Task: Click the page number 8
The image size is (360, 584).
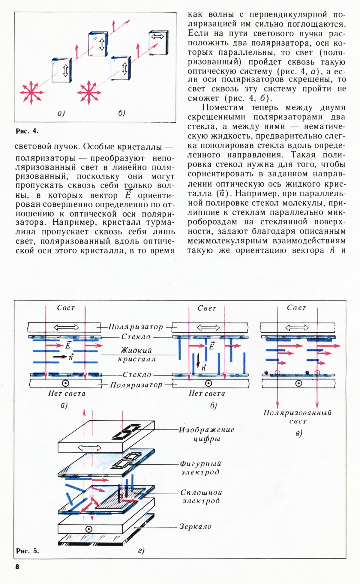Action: click(17, 566)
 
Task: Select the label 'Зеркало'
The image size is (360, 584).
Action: click(195, 526)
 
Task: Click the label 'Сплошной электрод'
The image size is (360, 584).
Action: click(201, 497)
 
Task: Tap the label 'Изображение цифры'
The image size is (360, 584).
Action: click(206, 434)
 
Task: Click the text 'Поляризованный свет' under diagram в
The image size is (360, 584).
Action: click(297, 417)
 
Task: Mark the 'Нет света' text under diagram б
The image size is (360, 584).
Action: click(207, 393)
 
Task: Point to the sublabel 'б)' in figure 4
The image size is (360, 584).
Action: click(121, 113)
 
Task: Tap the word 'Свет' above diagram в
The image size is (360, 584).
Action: click(296, 308)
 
